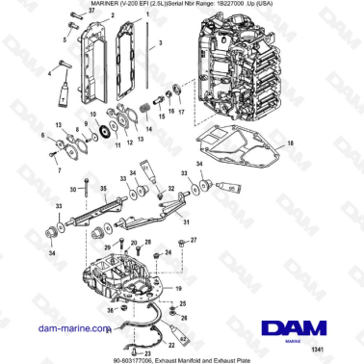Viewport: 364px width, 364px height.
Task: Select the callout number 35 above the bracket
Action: pyautogui.click(x=104, y=189)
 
